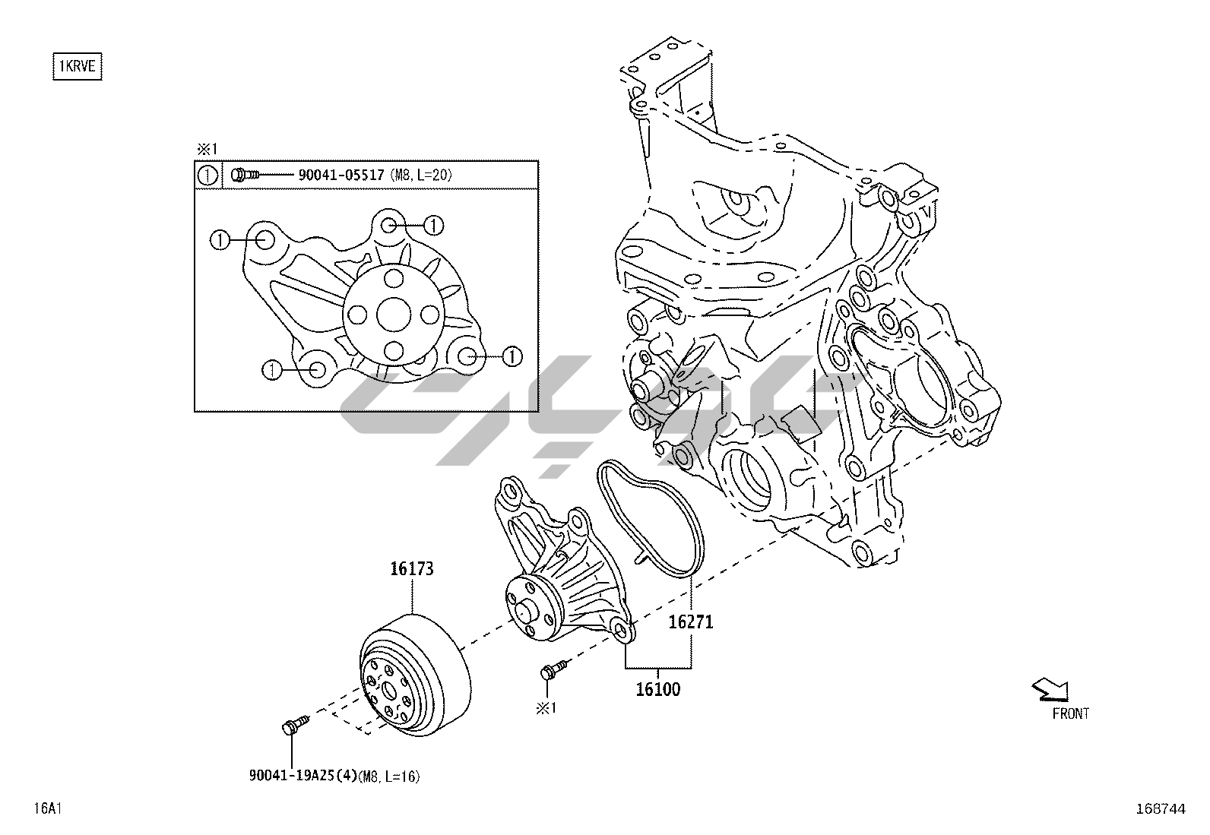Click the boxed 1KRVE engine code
click(78, 66)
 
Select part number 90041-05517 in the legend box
click(341, 175)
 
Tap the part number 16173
click(412, 569)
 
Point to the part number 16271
click(691, 622)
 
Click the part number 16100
click(658, 689)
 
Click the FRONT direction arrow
click(1050, 690)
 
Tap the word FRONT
click(1071, 713)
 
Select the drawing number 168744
click(1161, 808)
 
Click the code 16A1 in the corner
click(48, 808)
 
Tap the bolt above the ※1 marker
click(553, 669)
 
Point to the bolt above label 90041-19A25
click(296, 723)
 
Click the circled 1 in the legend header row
click(207, 176)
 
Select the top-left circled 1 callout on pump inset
click(220, 240)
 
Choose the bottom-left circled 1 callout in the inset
click(271, 371)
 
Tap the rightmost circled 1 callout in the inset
click(512, 356)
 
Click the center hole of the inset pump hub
click(394, 315)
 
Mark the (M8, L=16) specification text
click(389, 776)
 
